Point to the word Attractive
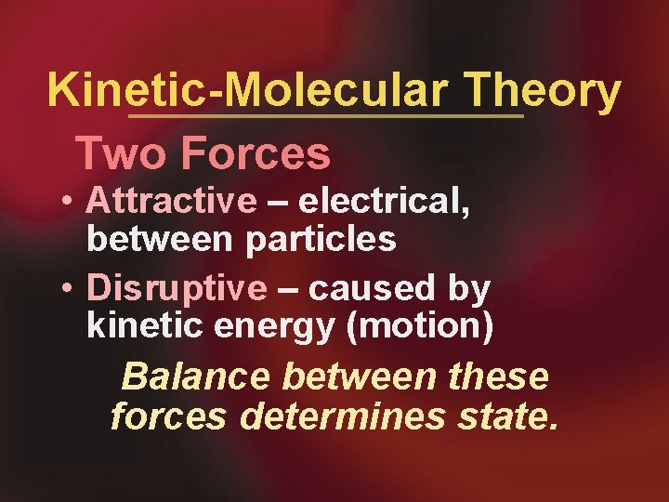(172, 200)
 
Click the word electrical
(396, 201)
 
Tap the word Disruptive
(177, 288)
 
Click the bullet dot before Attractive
(69, 201)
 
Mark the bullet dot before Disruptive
(69, 289)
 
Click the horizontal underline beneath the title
(325, 117)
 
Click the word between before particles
(162, 240)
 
